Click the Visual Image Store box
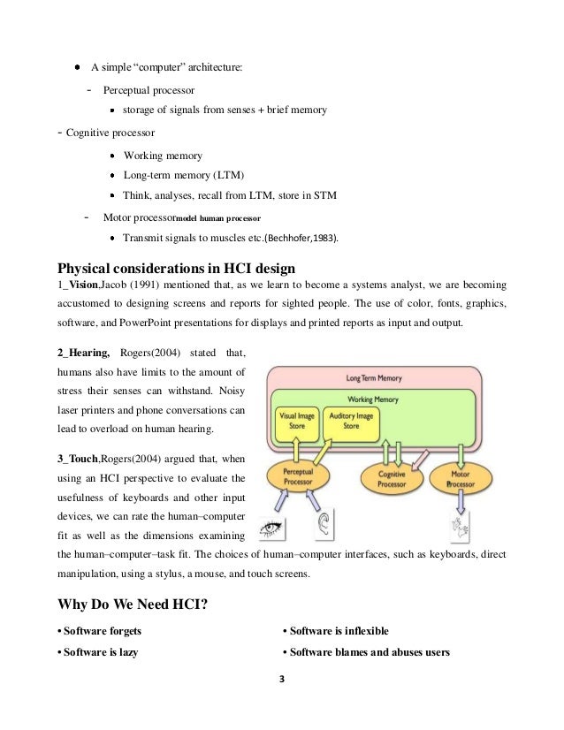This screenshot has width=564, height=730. point(297,420)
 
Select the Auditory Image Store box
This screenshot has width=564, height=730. point(351,420)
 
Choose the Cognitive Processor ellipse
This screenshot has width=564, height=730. point(392,479)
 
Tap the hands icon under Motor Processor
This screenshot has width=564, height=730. point(460,528)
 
